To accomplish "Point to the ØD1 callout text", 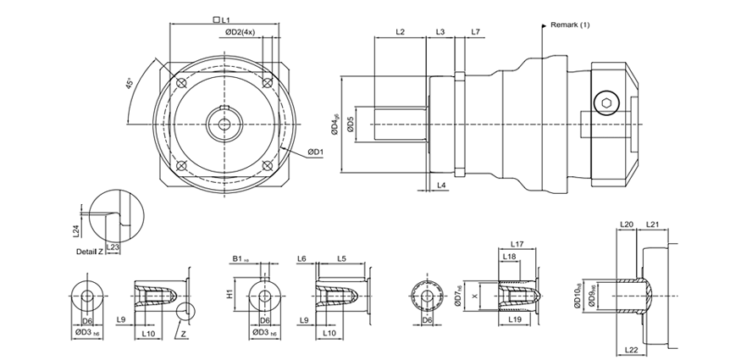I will [x=314, y=152].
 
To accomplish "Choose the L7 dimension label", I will [x=476, y=31].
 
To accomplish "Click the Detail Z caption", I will [x=90, y=252].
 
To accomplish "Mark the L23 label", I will [x=113, y=246].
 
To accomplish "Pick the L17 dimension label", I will [x=518, y=244].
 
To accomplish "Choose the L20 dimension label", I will [x=627, y=224].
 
